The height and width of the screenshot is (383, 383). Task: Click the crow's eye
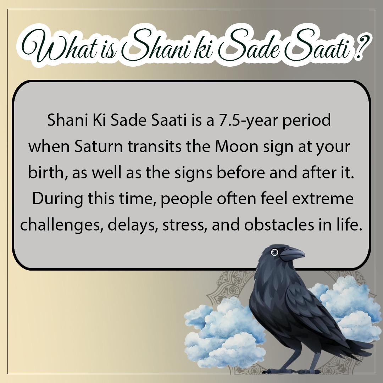[274, 252]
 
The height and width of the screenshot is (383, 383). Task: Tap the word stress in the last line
[184, 226]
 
